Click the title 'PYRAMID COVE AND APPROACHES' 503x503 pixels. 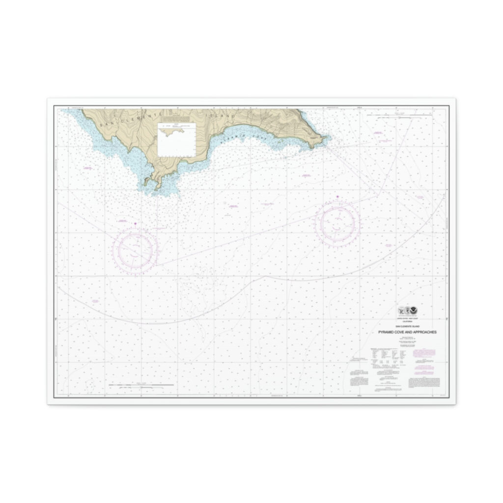tap(407, 332)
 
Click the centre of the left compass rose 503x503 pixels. tap(135, 251)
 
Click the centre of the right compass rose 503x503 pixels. tap(337, 223)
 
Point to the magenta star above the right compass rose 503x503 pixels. tap(337, 197)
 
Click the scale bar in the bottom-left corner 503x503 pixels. tap(141, 385)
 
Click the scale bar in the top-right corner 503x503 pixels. tap(398, 115)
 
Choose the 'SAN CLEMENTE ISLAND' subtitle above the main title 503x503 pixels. tap(407, 326)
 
